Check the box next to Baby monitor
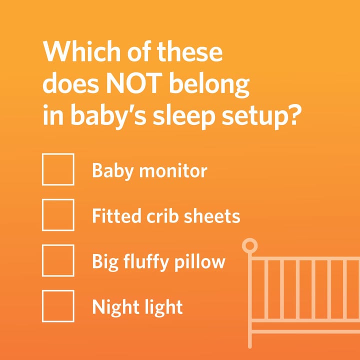click(58, 169)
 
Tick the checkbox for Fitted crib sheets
click(58, 215)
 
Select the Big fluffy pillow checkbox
click(58, 260)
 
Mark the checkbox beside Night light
click(58, 306)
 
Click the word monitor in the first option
click(173, 171)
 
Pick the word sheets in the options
click(212, 216)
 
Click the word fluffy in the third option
click(146, 263)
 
